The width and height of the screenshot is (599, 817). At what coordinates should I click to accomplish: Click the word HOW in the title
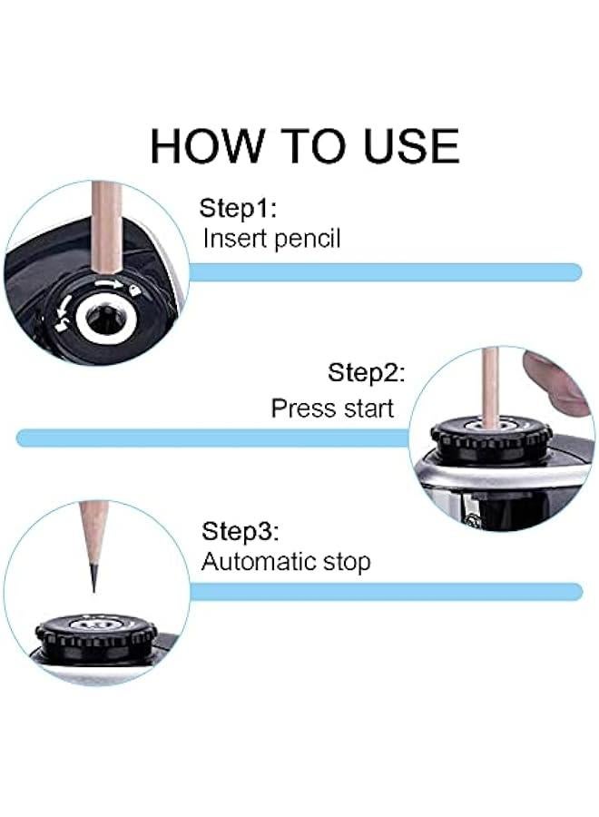[207, 146]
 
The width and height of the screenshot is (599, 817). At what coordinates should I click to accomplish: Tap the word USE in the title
[411, 146]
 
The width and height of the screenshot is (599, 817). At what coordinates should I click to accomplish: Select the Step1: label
[238, 208]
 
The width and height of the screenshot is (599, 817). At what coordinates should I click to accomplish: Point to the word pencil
[307, 240]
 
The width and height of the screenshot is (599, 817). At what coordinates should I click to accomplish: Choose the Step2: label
[366, 373]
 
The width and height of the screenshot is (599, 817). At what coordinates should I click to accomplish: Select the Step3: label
[241, 531]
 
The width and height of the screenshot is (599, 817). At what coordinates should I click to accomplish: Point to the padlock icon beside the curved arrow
[135, 290]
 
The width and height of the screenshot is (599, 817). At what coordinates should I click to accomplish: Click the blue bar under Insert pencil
[386, 272]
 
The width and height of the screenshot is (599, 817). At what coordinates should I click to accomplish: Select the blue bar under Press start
[213, 438]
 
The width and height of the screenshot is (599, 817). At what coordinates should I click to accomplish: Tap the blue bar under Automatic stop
[386, 591]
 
